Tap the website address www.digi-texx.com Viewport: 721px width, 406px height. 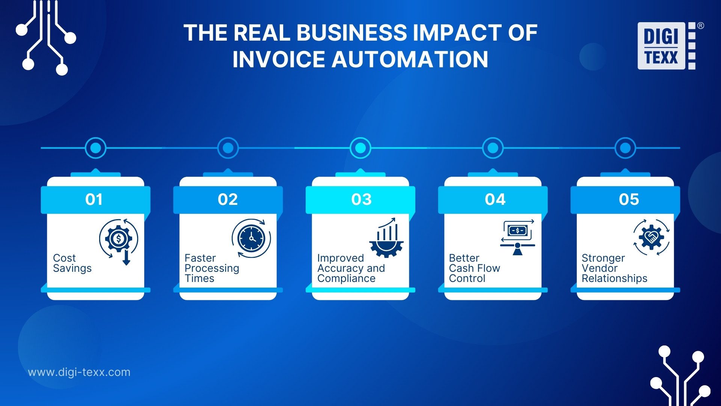[79, 372]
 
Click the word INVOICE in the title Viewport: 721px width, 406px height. [278, 59]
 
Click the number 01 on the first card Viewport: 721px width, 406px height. [94, 199]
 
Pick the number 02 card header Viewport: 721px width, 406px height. [228, 199]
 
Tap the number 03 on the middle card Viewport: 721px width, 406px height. [361, 199]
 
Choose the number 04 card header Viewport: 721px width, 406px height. [495, 199]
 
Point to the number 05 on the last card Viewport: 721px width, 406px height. [629, 199]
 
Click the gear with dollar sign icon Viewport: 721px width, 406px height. [119, 239]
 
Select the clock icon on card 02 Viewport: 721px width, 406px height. [251, 238]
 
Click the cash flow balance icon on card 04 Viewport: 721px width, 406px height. [517, 237]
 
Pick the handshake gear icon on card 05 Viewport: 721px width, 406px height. [652, 237]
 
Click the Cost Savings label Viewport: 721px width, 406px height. [72, 263]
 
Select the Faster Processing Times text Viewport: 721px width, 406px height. [212, 268]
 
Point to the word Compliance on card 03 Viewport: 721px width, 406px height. [346, 279]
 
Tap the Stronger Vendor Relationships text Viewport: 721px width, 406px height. [614, 268]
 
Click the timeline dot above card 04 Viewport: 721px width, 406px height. [493, 148]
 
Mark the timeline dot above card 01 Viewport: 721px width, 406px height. [96, 148]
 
